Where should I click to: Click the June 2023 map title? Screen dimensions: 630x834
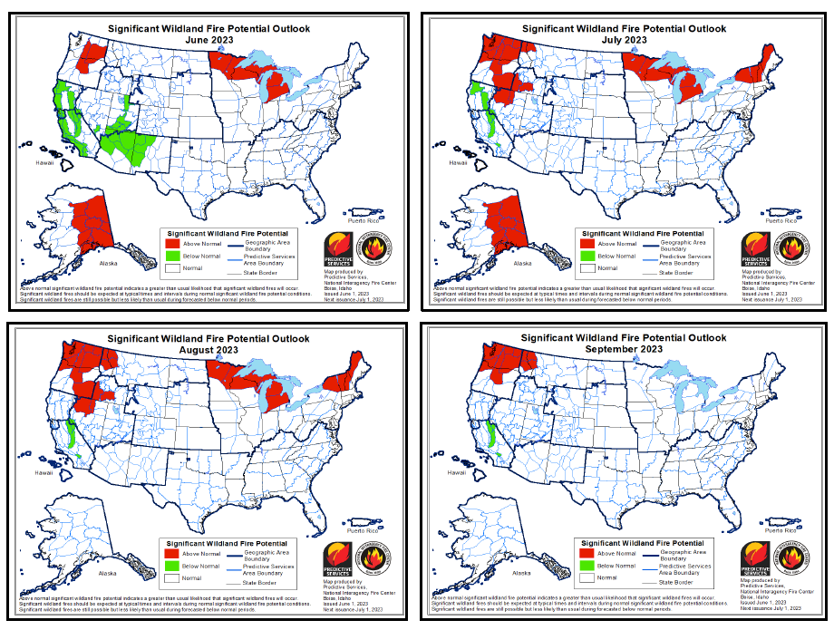(x=208, y=34)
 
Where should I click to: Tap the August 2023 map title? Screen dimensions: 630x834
(x=208, y=344)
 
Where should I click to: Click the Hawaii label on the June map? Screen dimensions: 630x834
(x=45, y=162)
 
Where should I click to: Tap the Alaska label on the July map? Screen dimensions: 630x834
(x=522, y=264)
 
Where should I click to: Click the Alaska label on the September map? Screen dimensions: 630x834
(x=522, y=573)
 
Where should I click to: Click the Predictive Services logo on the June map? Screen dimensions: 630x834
(x=338, y=250)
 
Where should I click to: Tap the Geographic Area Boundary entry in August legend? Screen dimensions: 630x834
(x=264, y=554)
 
